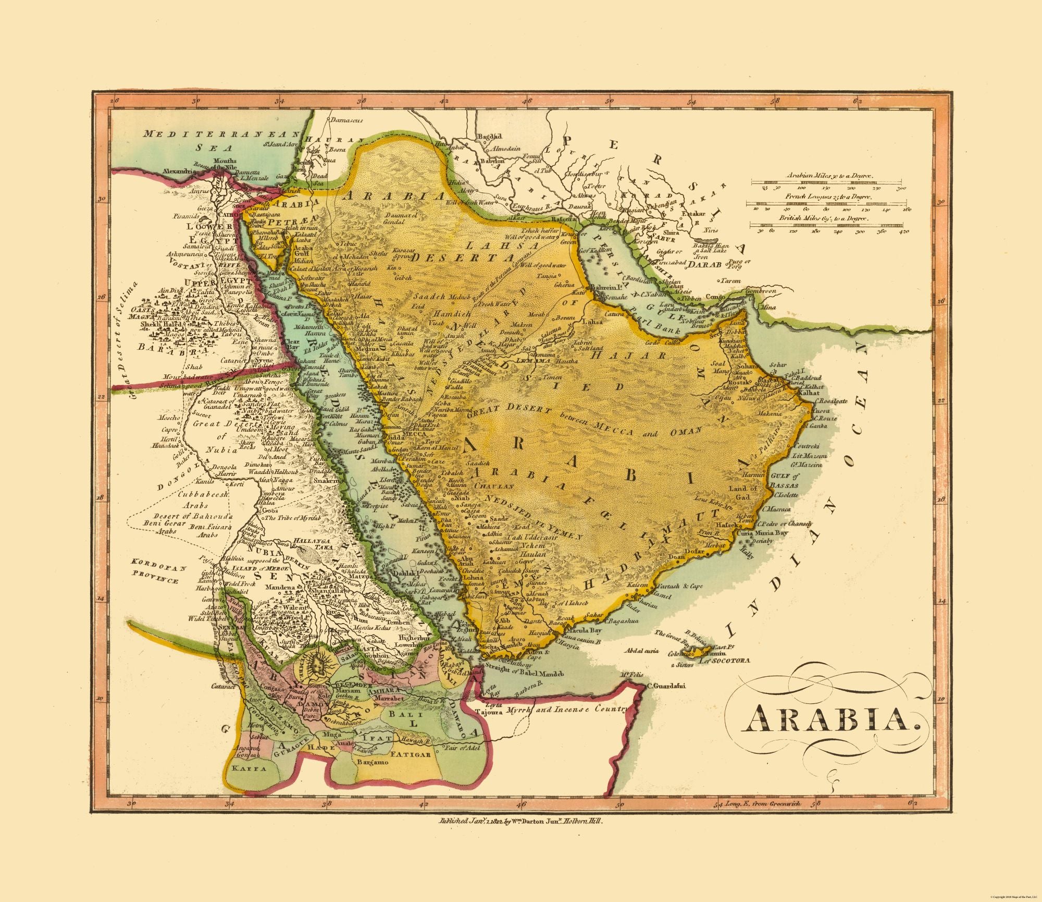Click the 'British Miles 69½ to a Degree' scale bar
click(x=828, y=225)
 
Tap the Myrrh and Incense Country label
click(x=558, y=710)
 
